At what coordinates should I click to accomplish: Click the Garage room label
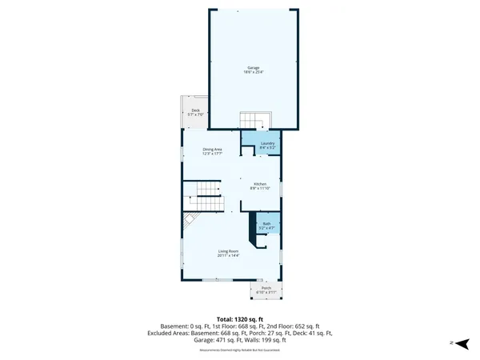[x=254, y=69]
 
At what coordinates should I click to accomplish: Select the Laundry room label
[x=267, y=143]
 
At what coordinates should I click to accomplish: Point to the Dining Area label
[x=212, y=150]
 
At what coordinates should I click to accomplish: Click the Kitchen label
[x=260, y=184]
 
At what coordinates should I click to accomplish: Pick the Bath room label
[x=267, y=224]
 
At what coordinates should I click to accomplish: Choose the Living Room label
[x=229, y=251]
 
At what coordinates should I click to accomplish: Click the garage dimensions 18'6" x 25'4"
[x=254, y=73]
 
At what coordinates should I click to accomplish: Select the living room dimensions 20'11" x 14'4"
[x=229, y=256]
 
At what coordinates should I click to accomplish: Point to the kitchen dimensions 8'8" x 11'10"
[x=260, y=189]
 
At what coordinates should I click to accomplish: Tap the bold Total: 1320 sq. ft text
[x=239, y=318]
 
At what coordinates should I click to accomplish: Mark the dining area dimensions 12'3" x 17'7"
[x=212, y=154]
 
